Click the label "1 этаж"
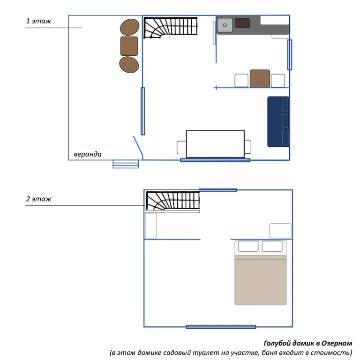click(39, 21)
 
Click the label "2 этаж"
click(39, 199)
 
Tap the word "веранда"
click(87, 154)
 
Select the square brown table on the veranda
click(129, 46)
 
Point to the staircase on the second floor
click(172, 200)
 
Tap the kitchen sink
click(225, 25)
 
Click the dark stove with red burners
click(242, 23)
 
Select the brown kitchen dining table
click(260, 78)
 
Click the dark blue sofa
click(278, 121)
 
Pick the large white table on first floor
click(215, 144)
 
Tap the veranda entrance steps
click(126, 164)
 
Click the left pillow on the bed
click(248, 246)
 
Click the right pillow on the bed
click(272, 246)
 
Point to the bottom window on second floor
click(221, 327)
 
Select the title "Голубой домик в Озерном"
click(307, 344)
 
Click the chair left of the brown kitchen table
click(241, 80)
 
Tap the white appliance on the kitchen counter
click(275, 21)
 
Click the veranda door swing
click(138, 145)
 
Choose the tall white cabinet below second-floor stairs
click(151, 225)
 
